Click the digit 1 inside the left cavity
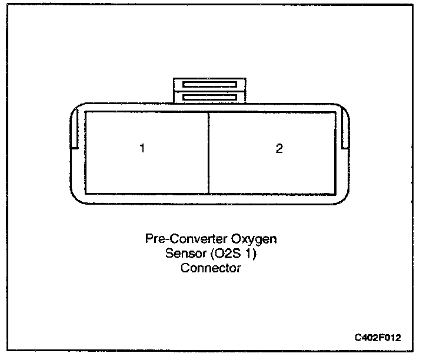(142, 148)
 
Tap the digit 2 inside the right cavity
(279, 148)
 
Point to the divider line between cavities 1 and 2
(209, 153)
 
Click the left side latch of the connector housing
(74, 129)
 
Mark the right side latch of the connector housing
(346, 129)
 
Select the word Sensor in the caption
(181, 254)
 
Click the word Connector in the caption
(211, 268)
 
